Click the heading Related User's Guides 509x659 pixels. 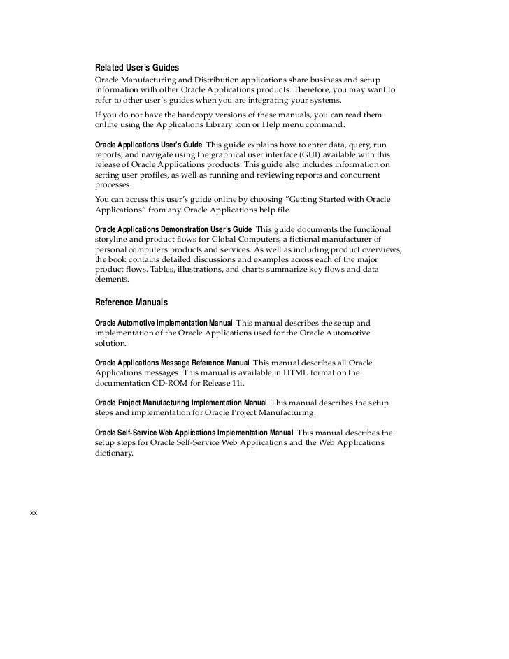point(136,68)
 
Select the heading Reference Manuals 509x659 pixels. point(131,303)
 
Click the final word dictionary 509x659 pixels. point(113,453)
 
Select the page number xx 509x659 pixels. point(33,514)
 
